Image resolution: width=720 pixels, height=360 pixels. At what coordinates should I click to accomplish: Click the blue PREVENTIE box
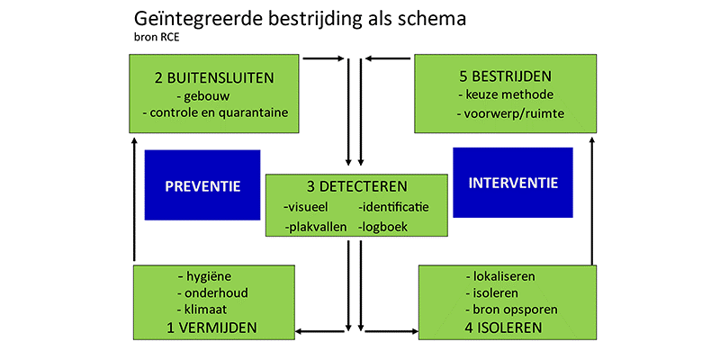tap(202, 185)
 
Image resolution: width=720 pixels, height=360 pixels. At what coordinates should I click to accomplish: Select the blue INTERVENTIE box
tap(513, 183)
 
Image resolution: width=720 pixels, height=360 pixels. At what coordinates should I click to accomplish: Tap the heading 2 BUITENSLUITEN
tap(214, 77)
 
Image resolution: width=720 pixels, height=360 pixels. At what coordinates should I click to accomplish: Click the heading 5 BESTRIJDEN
tap(506, 76)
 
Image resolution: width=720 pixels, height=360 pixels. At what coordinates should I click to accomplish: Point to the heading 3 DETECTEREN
tap(356, 186)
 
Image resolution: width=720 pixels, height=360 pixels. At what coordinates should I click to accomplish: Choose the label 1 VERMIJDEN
tap(211, 328)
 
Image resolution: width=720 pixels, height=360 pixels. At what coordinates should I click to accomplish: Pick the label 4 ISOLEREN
tap(502, 328)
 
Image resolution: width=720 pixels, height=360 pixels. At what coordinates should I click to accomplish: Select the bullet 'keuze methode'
tap(506, 94)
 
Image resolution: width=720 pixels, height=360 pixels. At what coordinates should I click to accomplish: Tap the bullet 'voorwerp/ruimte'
tap(511, 114)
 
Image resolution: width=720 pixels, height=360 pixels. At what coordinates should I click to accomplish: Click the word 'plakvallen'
tap(316, 227)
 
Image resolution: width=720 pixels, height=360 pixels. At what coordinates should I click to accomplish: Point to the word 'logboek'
tap(383, 227)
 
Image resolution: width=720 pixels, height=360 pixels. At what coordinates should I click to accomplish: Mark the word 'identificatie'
tap(393, 207)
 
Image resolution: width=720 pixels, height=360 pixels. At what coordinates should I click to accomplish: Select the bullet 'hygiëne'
tap(204, 277)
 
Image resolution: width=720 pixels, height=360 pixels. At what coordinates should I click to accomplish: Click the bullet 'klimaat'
tap(202, 310)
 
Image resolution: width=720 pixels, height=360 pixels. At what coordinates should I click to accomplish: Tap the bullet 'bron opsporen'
tap(511, 310)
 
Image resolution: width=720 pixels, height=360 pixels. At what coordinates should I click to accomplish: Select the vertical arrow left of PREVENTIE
tap(134, 200)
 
